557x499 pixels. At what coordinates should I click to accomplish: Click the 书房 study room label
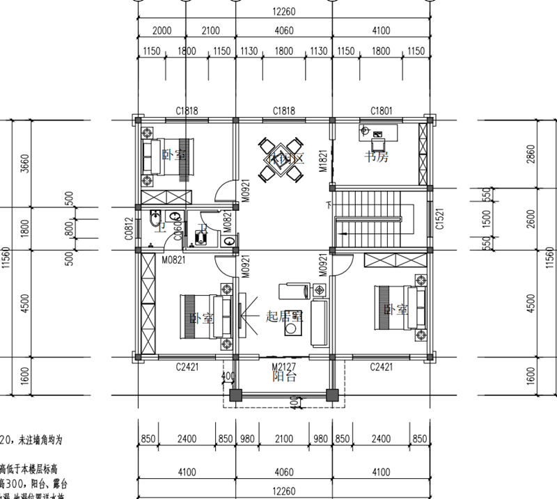click(x=377, y=157)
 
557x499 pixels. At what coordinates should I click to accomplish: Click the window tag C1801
click(x=382, y=111)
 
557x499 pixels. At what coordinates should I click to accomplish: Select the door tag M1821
click(x=323, y=160)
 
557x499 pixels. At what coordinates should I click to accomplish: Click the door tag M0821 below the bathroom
click(x=173, y=260)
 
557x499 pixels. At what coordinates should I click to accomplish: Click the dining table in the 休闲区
click(x=283, y=160)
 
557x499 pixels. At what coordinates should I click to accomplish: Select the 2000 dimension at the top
click(x=162, y=31)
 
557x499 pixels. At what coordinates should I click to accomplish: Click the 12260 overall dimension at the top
click(x=284, y=10)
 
